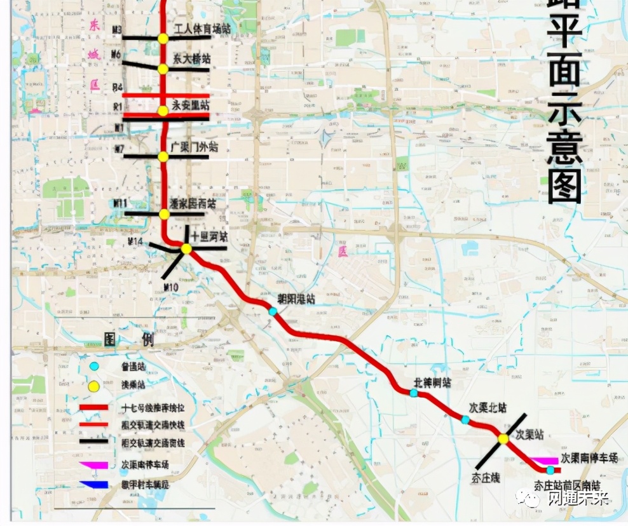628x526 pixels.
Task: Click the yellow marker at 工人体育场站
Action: point(163,38)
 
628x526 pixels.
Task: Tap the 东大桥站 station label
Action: point(191,58)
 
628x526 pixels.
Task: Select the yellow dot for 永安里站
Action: point(163,111)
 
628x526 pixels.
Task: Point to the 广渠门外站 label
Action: point(195,147)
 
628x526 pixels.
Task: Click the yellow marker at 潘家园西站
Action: point(163,214)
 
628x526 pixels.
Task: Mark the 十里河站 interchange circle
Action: point(186,249)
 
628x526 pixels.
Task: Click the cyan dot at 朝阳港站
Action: point(273,311)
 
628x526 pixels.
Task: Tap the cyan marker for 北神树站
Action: point(414,393)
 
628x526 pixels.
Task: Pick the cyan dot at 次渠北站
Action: point(465,420)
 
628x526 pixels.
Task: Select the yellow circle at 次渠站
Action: point(503,438)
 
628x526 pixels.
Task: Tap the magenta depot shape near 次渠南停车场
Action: point(543,461)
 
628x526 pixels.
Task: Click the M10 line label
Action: point(170,288)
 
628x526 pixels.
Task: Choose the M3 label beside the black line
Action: point(116,30)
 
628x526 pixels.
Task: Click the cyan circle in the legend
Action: point(94,367)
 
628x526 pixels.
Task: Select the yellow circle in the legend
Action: point(94,386)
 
